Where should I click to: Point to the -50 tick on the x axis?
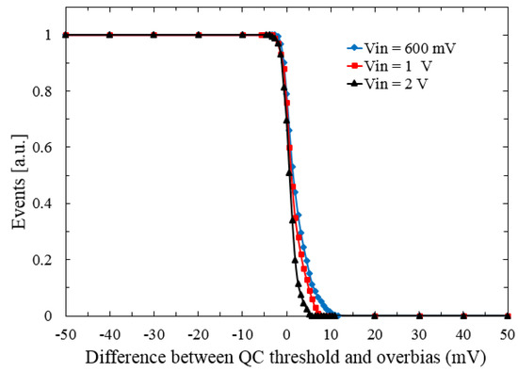tap(65, 333)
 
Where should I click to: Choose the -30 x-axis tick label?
tap(154, 333)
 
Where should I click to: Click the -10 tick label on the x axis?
tap(242, 333)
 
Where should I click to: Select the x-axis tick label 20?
tap(375, 333)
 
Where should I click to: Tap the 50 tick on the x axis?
tap(508, 333)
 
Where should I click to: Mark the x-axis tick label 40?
tap(463, 333)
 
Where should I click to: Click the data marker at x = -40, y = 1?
tap(109, 35)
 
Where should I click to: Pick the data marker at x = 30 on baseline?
tap(419, 316)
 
